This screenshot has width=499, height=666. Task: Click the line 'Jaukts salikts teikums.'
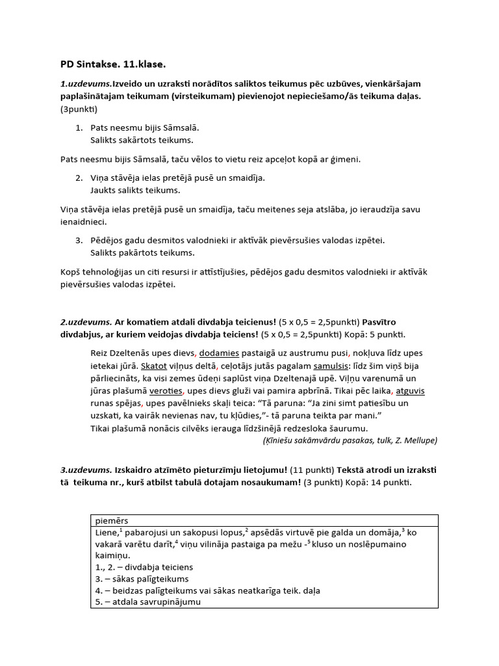(135, 191)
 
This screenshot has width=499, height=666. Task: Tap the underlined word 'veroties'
(166, 391)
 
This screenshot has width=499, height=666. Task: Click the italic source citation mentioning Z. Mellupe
(350, 440)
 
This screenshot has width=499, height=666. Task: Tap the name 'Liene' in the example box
(105, 533)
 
